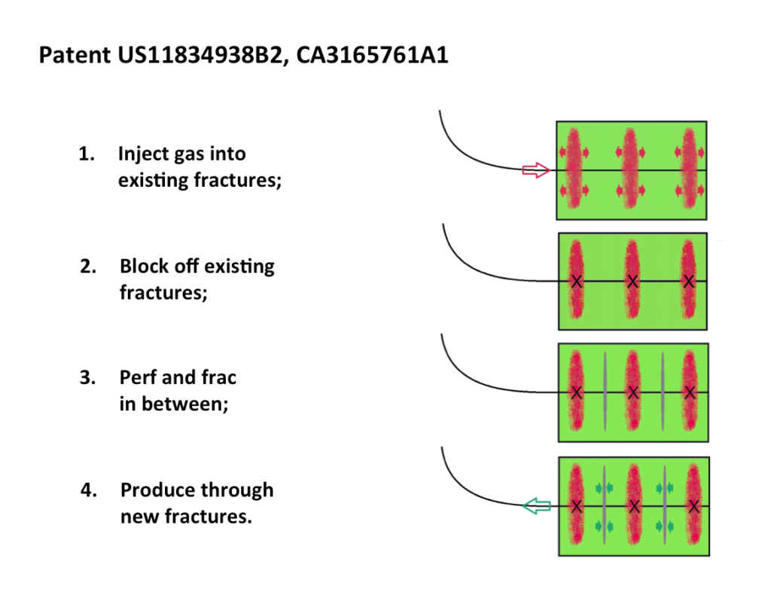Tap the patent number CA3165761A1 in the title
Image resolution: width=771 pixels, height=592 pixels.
coord(372,54)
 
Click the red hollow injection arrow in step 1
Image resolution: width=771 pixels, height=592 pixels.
coord(536,170)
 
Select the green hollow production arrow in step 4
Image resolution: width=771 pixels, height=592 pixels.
coord(536,506)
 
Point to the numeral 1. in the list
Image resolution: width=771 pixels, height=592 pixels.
coord(87,154)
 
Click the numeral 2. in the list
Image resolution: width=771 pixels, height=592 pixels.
coord(88,267)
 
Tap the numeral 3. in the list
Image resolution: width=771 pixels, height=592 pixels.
coord(87,377)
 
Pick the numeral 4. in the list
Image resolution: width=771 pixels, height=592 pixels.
coord(89,490)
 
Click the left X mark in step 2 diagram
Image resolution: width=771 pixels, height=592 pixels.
coord(576,281)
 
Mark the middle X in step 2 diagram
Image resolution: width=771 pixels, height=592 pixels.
coord(632,281)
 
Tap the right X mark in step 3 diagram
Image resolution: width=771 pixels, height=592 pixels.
coord(690,392)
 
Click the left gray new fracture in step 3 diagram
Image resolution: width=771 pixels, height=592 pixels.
coord(605,391)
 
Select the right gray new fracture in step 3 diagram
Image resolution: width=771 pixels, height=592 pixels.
coord(663,391)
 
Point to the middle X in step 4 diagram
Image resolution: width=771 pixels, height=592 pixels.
coord(634,506)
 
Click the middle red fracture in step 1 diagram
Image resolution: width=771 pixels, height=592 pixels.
coord(630,169)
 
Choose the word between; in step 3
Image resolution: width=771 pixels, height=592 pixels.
coord(185,404)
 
